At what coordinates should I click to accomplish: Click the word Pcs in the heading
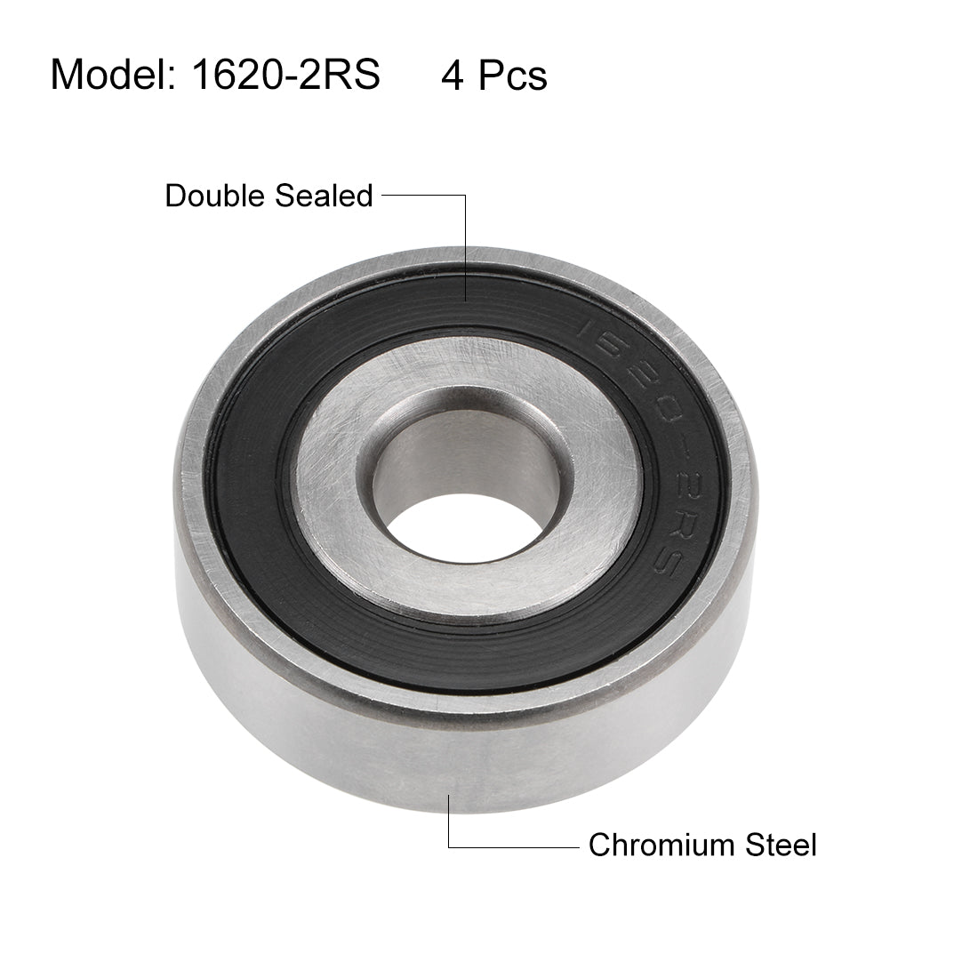click(514, 76)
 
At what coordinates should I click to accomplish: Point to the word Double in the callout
click(216, 196)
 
